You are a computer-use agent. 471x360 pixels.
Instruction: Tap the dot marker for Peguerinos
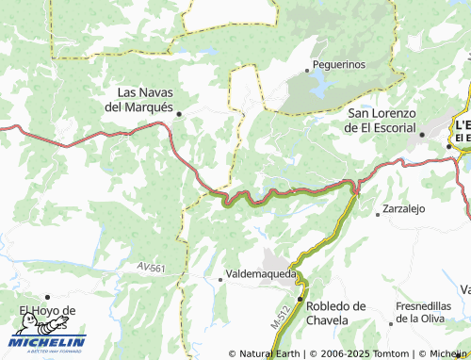point(308,69)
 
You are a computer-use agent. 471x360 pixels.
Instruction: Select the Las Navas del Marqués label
point(144,99)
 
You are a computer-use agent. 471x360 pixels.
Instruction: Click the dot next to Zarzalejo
point(379,214)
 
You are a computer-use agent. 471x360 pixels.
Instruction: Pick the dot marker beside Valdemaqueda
point(220,278)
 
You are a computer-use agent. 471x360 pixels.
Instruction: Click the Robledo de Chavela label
point(335,313)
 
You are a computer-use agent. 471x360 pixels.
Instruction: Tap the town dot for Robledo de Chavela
point(300,300)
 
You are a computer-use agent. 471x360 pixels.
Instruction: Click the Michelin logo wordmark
point(49,342)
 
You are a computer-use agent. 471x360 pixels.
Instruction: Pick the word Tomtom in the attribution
point(389,353)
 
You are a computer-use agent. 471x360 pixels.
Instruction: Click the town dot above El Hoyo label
point(47,297)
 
